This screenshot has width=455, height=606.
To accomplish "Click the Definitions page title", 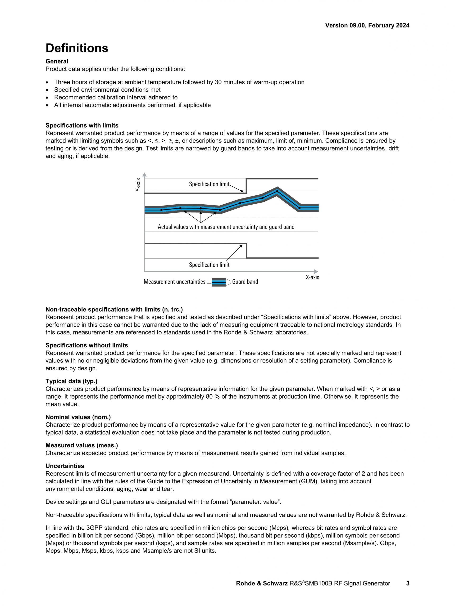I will coord(77,48).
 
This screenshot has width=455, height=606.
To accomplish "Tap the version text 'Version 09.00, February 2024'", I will coord(367,26).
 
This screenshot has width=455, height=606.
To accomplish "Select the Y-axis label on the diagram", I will coord(138,185).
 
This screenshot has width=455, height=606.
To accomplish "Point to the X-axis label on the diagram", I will coord(312,277).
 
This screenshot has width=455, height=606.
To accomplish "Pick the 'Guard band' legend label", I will coord(245,282).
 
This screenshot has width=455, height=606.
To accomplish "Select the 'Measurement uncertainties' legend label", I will coord(174,282).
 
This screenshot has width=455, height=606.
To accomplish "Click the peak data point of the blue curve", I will coord(277,191).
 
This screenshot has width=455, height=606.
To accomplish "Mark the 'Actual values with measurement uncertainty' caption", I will coord(226,227).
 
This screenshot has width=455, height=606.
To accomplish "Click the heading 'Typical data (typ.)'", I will coord(71,381).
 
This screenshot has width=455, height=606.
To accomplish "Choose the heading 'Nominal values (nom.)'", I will coord(78,417).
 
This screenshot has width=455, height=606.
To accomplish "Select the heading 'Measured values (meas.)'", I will coord(82,445).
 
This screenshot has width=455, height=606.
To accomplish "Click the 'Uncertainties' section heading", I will coord(65,466).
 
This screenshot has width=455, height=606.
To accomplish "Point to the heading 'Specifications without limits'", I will coord(86,345).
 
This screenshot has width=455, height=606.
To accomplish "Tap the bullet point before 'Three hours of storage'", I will coord(48,82).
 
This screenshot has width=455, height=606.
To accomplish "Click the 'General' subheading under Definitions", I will coord(57,61).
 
